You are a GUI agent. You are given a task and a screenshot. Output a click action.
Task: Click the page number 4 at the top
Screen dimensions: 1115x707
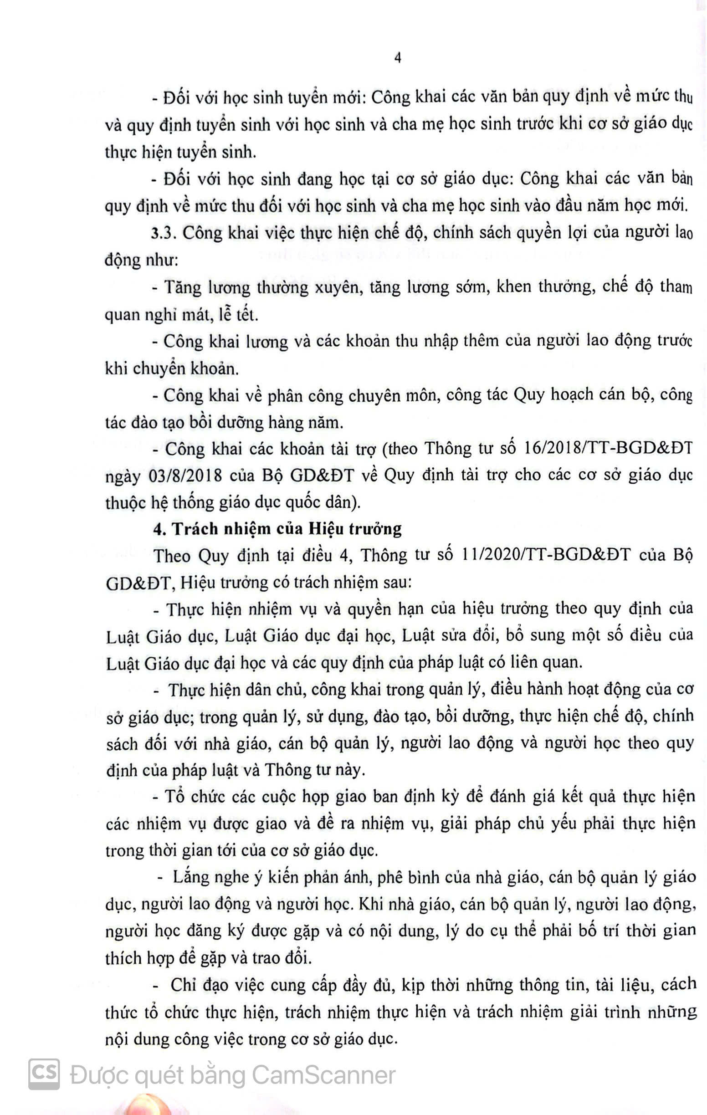tap(398, 58)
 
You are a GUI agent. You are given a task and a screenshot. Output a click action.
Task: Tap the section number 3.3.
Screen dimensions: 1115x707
tap(164, 233)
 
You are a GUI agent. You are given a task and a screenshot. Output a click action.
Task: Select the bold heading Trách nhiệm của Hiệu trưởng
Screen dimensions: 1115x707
tap(287, 528)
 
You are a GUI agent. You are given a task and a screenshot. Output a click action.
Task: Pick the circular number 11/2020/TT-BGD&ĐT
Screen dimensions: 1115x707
tap(546, 555)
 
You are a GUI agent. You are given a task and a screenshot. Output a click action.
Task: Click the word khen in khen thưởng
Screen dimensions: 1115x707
tap(513, 287)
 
